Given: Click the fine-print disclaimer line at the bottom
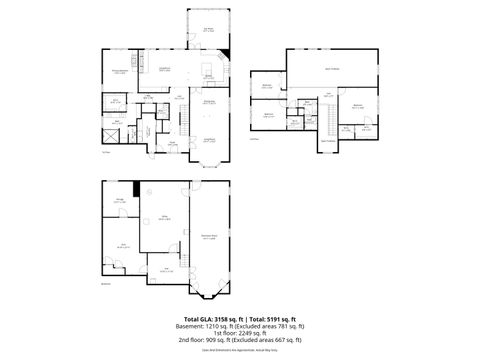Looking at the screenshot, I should click(239, 350).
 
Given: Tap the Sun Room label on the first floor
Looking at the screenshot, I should click(208, 29).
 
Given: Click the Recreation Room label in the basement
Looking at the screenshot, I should click(208, 237).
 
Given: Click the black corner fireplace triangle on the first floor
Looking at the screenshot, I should click(227, 52).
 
